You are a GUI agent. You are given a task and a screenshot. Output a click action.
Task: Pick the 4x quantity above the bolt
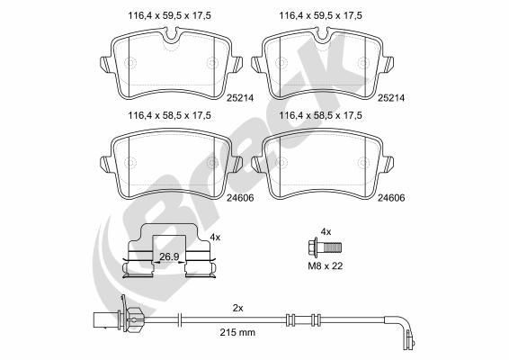tap(326, 230)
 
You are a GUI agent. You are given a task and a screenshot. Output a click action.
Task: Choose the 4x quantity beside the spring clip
tap(214, 237)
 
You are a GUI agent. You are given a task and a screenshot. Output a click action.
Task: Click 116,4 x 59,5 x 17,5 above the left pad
tap(159, 16)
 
